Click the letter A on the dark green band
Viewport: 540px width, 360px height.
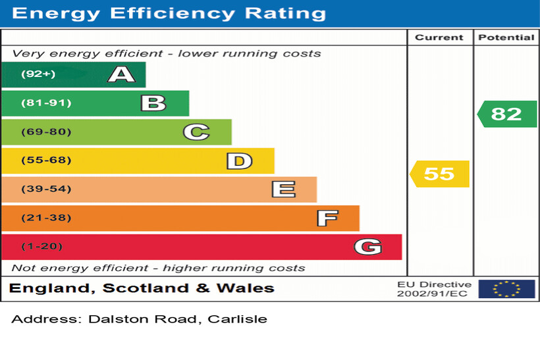pyautogui.click(x=121, y=74)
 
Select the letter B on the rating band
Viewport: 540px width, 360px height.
pyautogui.click(x=153, y=103)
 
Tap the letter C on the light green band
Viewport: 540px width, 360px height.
pyautogui.click(x=196, y=132)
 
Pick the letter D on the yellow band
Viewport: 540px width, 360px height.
pyautogui.click(x=239, y=161)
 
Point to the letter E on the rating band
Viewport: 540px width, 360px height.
pyautogui.click(x=283, y=190)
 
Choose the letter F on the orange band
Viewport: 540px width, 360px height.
pyautogui.click(x=327, y=218)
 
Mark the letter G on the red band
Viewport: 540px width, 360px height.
pyautogui.click(x=367, y=247)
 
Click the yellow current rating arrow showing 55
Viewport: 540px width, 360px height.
pyautogui.click(x=440, y=174)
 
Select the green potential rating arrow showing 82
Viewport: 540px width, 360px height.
pyautogui.click(x=506, y=114)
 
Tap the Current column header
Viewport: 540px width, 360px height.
pyautogui.click(x=439, y=38)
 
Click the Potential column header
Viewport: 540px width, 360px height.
pyautogui.click(x=506, y=38)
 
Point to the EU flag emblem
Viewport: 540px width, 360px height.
pyautogui.click(x=506, y=289)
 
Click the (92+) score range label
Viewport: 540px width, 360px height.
pyautogui.click(x=38, y=74)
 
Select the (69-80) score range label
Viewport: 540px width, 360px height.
pyautogui.click(x=46, y=132)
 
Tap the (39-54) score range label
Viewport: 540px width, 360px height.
pyautogui.click(x=46, y=190)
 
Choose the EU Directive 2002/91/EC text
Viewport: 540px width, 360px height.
pyautogui.click(x=434, y=289)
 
